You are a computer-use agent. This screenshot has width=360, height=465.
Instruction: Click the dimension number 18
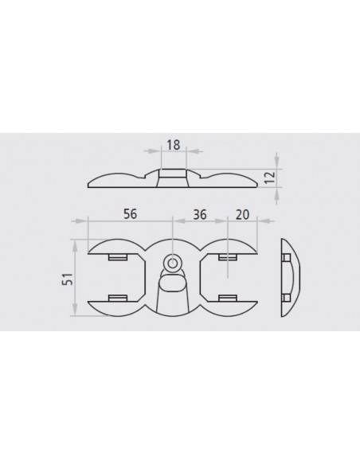(x=173, y=145)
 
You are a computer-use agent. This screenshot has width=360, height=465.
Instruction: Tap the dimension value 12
(x=270, y=178)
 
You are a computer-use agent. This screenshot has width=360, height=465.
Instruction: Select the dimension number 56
(x=131, y=214)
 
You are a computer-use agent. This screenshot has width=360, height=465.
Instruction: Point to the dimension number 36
(x=200, y=214)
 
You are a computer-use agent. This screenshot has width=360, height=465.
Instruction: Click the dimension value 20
(x=243, y=214)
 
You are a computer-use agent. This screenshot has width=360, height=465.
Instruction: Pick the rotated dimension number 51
(x=68, y=279)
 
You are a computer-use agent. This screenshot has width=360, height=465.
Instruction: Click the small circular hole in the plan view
(x=172, y=263)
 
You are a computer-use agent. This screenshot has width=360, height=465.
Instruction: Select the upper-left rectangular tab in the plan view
(x=118, y=257)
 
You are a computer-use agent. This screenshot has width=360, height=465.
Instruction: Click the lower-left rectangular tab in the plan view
(x=118, y=298)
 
